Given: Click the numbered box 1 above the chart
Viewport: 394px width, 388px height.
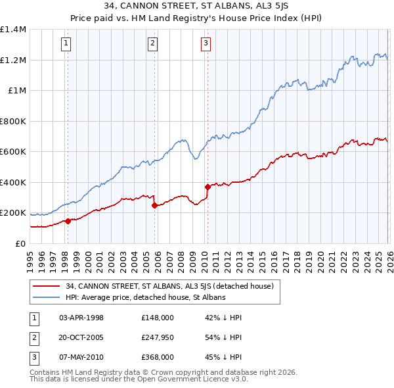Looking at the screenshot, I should click(67, 44).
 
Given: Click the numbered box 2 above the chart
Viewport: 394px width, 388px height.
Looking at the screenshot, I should click(152, 44).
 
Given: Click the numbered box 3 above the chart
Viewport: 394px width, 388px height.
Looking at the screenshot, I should click(206, 44).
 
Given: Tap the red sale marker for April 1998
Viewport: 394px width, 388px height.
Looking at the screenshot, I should click(68, 221).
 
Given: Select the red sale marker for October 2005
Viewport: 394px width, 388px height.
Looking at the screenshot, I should click(155, 206).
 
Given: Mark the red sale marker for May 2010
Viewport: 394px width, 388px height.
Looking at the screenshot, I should click(208, 187).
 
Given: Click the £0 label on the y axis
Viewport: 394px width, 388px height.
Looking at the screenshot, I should click(20, 243).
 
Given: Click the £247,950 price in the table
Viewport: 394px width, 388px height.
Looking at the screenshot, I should click(157, 337).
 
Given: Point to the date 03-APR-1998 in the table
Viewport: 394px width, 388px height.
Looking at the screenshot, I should click(81, 318).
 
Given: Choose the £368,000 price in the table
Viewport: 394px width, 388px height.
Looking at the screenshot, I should click(157, 357).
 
